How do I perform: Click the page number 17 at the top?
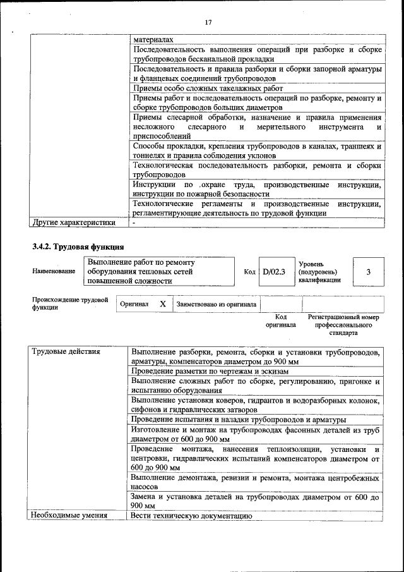point(208,23)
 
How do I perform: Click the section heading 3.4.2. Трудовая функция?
point(78,246)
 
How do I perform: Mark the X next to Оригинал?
point(163,304)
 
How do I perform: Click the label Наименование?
point(54,271)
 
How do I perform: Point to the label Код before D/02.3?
point(249,272)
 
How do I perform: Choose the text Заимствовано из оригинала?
point(216,304)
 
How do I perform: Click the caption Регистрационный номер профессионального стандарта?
point(343,324)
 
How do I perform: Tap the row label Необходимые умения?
point(69,516)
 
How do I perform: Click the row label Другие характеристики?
point(74,222)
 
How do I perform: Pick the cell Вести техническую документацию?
point(191,516)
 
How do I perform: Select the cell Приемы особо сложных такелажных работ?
point(208,88)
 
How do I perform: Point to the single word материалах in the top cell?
point(153,39)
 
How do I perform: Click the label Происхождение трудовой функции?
point(70,304)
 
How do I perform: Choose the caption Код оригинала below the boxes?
point(281,320)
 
